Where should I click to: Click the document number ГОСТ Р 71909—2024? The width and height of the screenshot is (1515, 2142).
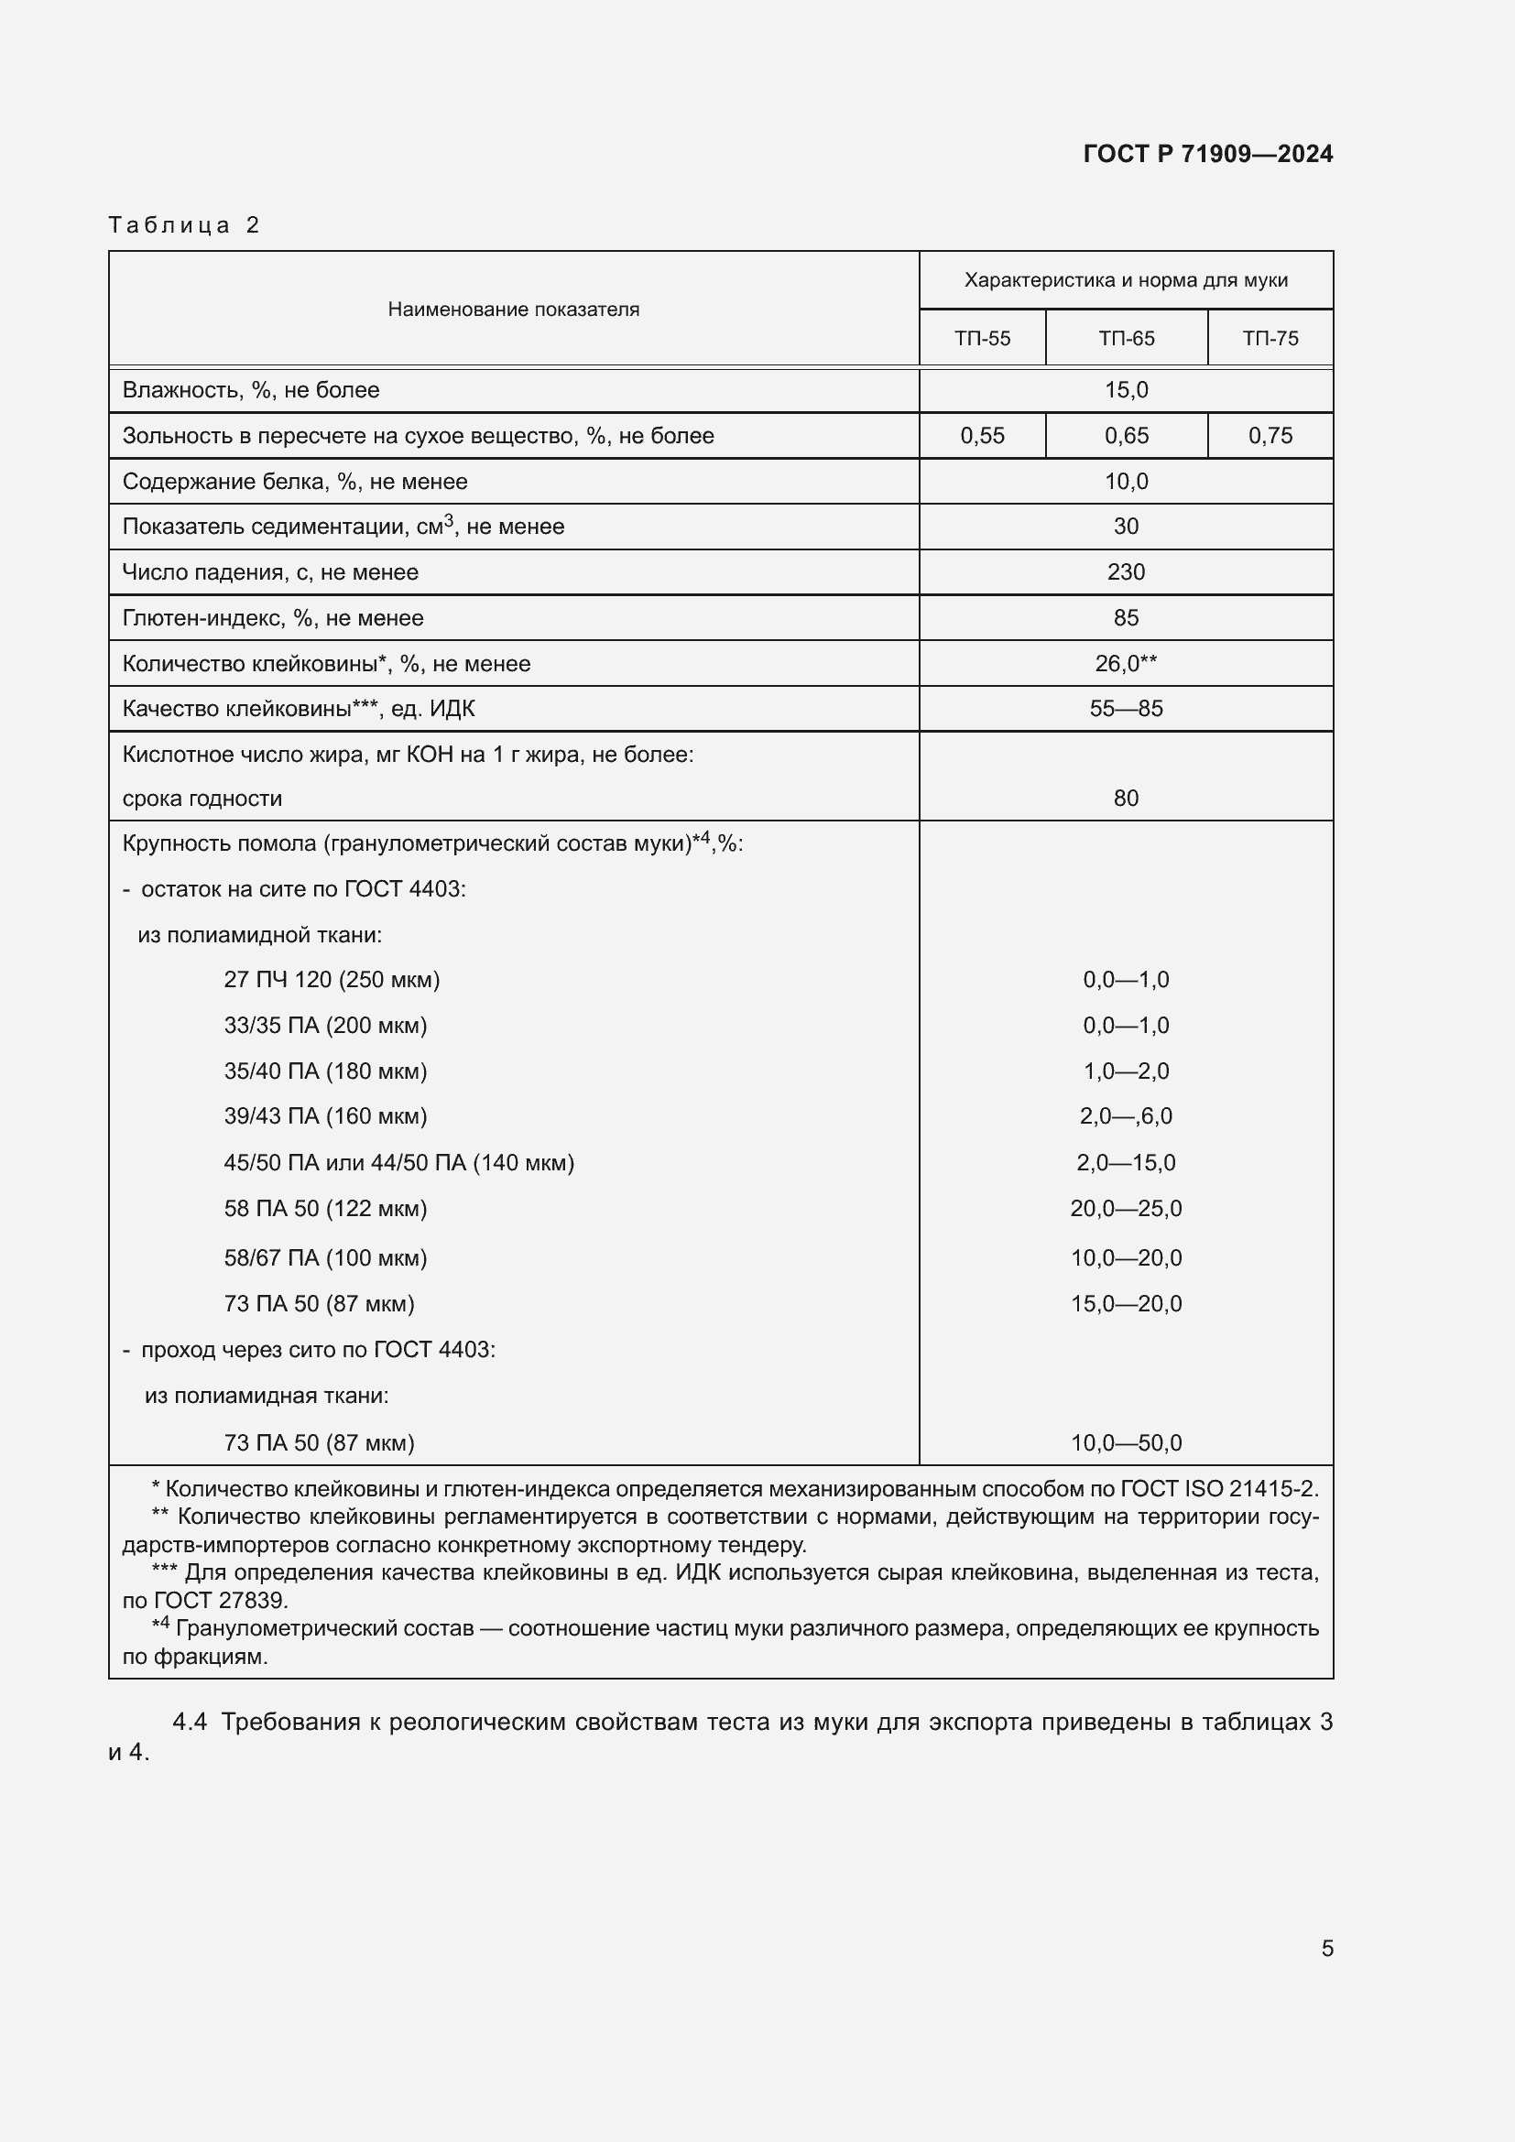[x=1207, y=154]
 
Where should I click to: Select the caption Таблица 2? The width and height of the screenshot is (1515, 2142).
[x=184, y=225]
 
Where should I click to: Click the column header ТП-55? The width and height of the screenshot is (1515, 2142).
[x=981, y=339]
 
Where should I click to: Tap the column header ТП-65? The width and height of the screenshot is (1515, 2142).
[x=1126, y=339]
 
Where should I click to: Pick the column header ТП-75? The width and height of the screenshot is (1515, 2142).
[x=1270, y=339]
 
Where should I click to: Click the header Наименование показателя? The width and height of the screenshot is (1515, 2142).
[x=513, y=310]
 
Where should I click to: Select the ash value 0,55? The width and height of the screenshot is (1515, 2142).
[x=981, y=436]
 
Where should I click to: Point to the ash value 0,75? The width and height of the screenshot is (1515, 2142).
[x=1270, y=436]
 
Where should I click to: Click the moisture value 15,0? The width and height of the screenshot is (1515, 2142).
[x=1126, y=390]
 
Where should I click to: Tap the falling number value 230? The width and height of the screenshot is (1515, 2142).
[x=1126, y=571]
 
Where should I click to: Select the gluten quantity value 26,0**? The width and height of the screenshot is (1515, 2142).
[x=1126, y=663]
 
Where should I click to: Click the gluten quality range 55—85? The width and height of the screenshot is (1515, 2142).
[x=1126, y=709]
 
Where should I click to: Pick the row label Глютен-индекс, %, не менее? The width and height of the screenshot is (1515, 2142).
[x=272, y=617]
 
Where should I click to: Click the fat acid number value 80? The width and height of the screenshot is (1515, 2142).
[x=1126, y=799]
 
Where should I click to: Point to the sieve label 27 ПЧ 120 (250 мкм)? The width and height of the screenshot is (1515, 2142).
[x=332, y=980]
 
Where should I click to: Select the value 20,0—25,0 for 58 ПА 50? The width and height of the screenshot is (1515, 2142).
[x=1126, y=1209]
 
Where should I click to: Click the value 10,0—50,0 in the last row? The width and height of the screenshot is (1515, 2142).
[x=1126, y=1443]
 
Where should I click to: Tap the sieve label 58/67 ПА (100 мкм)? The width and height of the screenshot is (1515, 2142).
[x=324, y=1258]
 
